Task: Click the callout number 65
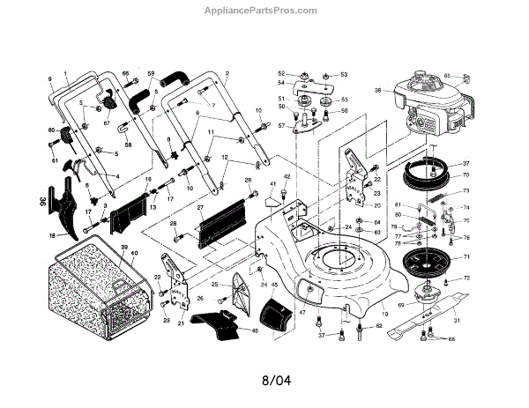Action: tap(472, 76)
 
